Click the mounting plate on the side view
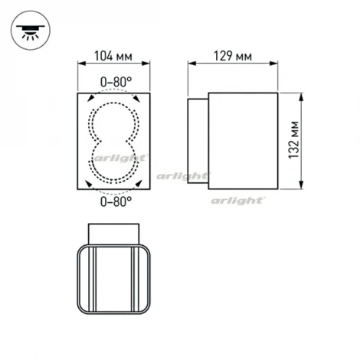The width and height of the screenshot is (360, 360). [197, 139]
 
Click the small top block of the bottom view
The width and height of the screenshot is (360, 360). [114, 232]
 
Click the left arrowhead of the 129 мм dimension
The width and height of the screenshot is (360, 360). [189, 67]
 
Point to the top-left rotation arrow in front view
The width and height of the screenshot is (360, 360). [91, 97]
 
